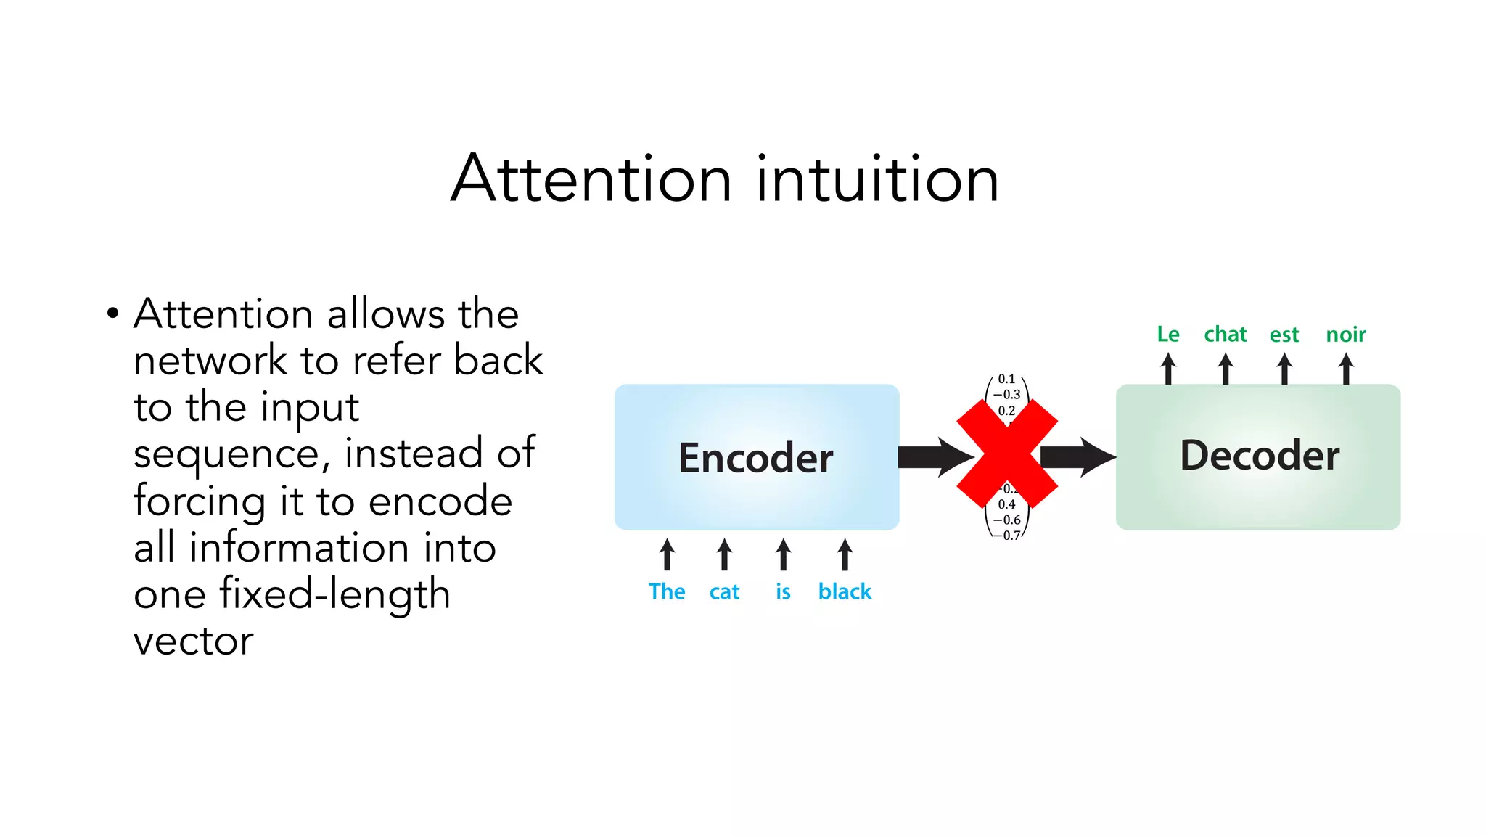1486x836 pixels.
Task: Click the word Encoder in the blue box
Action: (755, 458)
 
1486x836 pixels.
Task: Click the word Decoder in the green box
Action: (1260, 456)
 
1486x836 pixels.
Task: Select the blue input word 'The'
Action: (667, 591)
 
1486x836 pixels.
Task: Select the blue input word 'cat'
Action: (724, 592)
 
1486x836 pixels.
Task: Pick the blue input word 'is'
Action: (783, 591)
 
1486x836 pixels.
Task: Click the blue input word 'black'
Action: (845, 591)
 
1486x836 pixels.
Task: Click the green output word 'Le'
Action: (1168, 334)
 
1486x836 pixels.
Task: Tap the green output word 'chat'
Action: (1226, 334)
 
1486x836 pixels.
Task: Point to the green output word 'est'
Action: (1284, 335)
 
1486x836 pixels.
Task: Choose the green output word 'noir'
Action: (1346, 335)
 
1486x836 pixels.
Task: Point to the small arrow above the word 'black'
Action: (845, 555)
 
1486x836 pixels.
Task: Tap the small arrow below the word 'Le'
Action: (1168, 369)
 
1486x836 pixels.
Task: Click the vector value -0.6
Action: (1007, 520)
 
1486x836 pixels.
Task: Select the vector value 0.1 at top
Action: (1006, 379)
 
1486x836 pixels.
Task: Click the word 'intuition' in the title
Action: (877, 179)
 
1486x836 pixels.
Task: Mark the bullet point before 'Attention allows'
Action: (112, 314)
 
